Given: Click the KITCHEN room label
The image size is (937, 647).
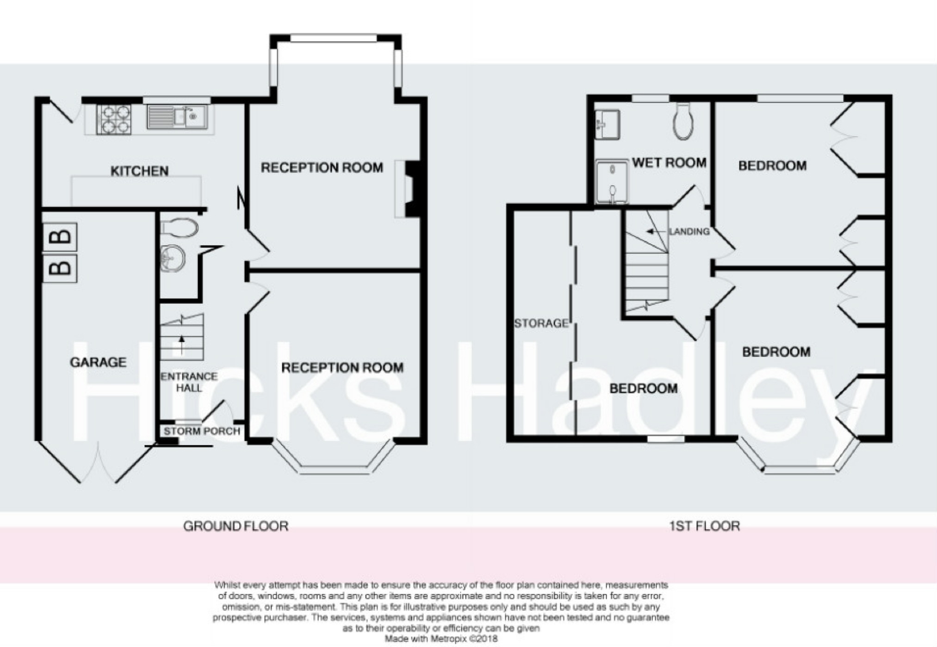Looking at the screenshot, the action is coord(139,171).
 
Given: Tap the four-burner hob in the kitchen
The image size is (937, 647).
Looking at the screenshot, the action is coord(113,119).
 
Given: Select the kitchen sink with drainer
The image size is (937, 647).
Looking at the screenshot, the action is coord(178,116).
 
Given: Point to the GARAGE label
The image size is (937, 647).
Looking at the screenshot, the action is coord(98,362).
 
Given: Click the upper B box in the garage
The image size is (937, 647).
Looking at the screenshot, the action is coord(60,237).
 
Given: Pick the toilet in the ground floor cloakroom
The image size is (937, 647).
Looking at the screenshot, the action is coord(179,228).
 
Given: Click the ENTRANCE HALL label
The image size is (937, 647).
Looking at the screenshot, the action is coord(189,382).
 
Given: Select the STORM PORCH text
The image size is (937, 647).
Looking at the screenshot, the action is coord(202,431).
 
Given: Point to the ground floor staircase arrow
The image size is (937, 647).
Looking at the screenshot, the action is coord(182,345).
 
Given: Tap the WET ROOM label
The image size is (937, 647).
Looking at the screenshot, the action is coord(669,163).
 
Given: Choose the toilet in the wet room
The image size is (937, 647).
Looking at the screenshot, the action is coord(683,121).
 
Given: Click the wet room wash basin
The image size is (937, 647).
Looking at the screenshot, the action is coord(607,124).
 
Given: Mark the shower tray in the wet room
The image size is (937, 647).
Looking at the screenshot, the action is coord(612,182).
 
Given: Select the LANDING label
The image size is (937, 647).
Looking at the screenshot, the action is coord(689,231).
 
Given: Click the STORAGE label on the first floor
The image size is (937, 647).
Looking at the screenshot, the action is coord(541,323).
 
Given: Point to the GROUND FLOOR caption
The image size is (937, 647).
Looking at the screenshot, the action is coord(236,526).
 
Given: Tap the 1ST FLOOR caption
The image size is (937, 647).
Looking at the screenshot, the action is coord(704,526).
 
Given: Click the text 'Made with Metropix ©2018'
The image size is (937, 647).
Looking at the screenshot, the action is coord(441,639).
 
